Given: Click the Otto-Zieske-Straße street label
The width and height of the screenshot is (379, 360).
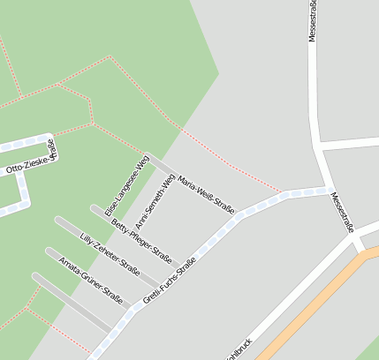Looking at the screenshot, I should tap(30, 159).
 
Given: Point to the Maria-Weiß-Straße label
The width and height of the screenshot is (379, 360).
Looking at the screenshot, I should tap(205, 195).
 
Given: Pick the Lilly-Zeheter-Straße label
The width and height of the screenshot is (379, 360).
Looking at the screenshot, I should tap(110, 255).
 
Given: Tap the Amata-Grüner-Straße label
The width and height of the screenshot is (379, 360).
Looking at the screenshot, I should tap(90, 276).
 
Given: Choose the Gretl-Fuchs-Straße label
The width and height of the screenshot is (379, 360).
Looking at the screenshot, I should tap(173, 280).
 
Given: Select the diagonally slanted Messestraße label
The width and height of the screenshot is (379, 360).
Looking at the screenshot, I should tap(342, 213).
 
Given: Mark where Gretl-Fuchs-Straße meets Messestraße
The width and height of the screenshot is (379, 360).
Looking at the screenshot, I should tap(324, 189).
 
